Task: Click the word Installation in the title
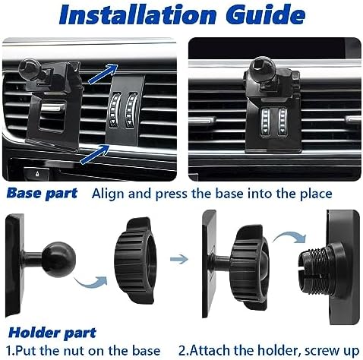coord(137,14)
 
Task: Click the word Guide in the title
coord(266,14)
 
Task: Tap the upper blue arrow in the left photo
coord(103,74)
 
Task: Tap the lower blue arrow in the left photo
coord(95,154)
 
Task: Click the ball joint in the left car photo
coord(29,68)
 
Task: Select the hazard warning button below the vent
coord(37,173)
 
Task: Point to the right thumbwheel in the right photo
coord(283,122)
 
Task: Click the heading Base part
coord(42,194)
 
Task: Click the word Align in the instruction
coord(109,194)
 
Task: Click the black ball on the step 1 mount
coord(58,260)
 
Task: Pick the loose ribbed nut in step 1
coord(135,260)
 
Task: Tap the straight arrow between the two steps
coord(179,259)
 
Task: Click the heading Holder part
coord(52,333)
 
